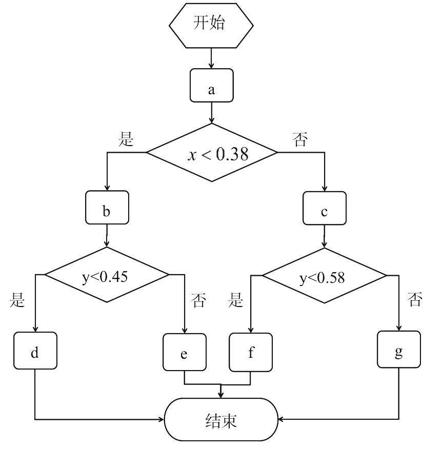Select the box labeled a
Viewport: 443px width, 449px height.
pos(211,85)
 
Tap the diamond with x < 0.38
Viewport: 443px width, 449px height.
pos(212,152)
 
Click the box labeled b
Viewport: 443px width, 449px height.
pos(107,207)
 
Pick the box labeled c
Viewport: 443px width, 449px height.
pos(324,208)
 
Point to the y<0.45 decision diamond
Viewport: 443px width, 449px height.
pos(107,275)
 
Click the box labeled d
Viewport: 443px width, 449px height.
pos(35,351)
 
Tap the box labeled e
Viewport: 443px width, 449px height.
pos(185,352)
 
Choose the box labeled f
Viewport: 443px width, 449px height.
pos(251,352)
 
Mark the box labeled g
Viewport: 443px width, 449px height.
pos(399,350)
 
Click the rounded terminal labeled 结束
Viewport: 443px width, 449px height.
pos(221,419)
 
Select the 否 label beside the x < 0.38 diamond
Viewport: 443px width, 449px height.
pos(300,138)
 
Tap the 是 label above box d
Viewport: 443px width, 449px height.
pos(17,300)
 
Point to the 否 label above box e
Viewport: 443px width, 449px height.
pos(198,300)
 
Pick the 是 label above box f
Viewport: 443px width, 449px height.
pos(236,300)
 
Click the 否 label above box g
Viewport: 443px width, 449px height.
pos(415,299)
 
